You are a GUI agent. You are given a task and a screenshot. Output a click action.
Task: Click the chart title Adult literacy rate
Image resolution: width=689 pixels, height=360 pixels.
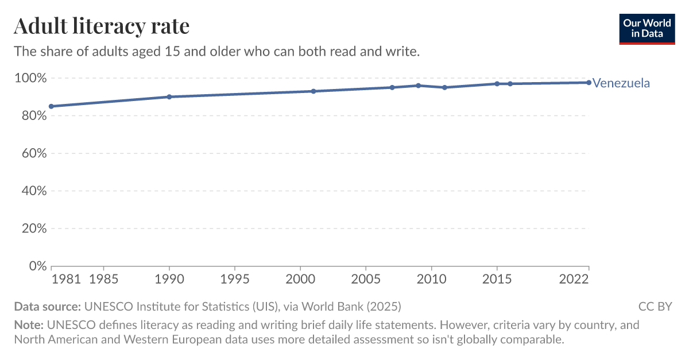(102, 26)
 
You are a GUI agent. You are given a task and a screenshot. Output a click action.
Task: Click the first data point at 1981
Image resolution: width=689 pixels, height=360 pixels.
(51, 106)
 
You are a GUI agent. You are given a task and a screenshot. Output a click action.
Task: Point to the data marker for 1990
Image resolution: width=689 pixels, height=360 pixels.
(169, 96)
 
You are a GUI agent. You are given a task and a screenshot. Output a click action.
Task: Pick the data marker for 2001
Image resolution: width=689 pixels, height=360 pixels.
(313, 91)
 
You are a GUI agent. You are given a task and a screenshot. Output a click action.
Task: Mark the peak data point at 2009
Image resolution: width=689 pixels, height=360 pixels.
(418, 86)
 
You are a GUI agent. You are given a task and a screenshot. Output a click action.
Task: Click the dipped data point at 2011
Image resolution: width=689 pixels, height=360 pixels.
(444, 87)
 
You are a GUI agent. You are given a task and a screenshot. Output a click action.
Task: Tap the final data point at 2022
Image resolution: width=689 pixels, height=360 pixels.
(589, 83)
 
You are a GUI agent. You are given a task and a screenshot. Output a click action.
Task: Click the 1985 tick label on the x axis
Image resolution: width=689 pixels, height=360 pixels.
(103, 280)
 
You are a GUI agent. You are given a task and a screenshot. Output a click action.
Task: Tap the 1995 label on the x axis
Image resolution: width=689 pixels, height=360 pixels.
(234, 280)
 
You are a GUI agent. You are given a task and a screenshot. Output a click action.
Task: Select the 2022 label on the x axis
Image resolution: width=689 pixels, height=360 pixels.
(575, 280)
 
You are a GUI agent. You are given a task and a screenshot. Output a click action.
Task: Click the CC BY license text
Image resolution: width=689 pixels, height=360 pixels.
(655, 306)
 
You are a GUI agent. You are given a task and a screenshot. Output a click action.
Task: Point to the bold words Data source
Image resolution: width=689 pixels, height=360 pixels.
(48, 306)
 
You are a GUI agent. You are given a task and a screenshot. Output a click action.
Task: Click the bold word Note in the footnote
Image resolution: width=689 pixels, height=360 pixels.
(28, 325)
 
